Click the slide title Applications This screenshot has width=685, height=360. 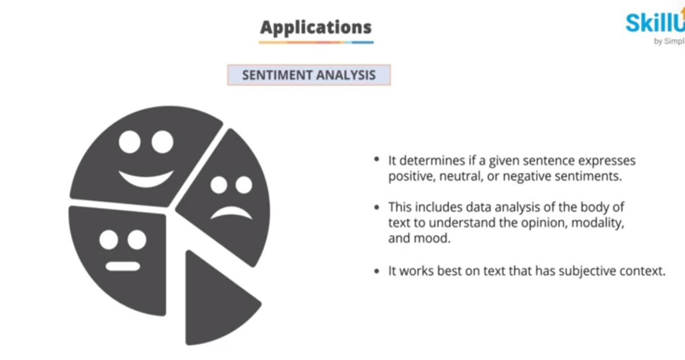point(316,27)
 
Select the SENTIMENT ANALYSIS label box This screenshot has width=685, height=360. point(308,75)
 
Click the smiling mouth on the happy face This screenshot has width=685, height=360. point(146,180)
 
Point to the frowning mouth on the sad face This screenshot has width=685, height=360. point(231,212)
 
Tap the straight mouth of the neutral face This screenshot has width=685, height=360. point(122,266)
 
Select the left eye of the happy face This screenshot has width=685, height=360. point(130,141)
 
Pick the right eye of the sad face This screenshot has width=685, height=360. point(244,185)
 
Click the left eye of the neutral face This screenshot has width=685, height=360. point(109,240)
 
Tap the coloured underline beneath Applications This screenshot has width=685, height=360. point(316,42)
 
